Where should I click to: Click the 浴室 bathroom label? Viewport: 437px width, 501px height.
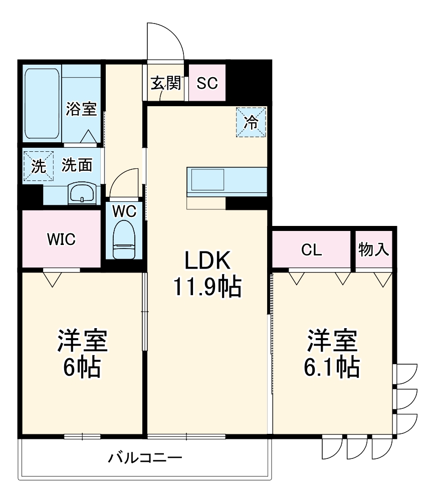[x=81, y=109]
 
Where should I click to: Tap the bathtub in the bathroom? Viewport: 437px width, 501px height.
[x=43, y=104]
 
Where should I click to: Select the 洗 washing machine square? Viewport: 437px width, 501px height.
[x=38, y=165]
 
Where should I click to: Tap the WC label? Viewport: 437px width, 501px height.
[x=124, y=211]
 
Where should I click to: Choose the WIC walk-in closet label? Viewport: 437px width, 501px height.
[x=61, y=239]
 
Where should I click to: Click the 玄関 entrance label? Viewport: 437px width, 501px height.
[x=165, y=83]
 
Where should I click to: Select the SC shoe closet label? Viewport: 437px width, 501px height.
[x=206, y=83]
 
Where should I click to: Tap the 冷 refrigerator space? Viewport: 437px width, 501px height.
[x=252, y=122]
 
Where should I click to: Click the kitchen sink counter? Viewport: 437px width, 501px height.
[x=227, y=180]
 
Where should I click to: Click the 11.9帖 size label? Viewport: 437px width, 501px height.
[x=207, y=287]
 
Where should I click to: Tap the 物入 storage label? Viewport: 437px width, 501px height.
[x=374, y=249]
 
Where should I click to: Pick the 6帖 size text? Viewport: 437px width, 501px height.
[x=82, y=368]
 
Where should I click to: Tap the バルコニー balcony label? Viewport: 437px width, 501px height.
[x=145, y=457]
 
